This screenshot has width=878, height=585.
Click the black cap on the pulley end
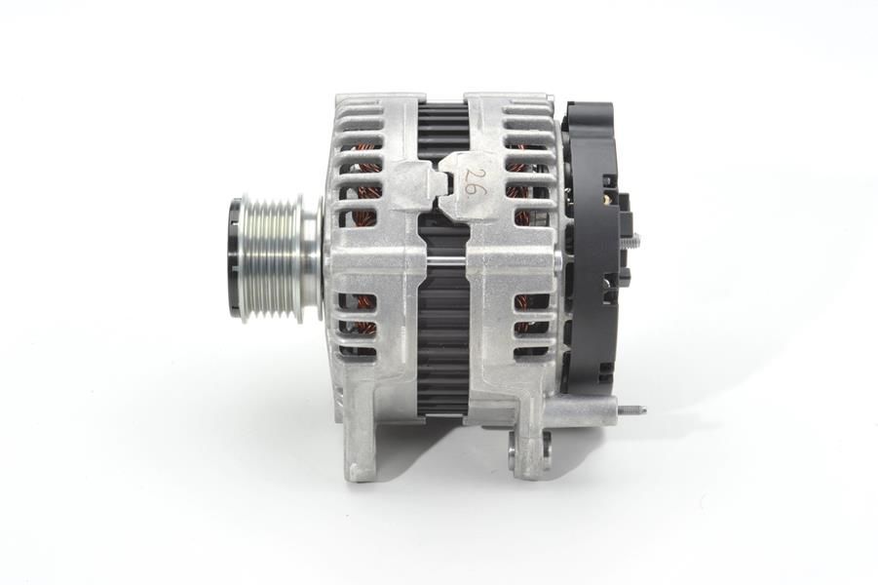pyautogui.click(x=235, y=257)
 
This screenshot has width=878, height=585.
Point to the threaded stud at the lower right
pyautogui.click(x=630, y=410)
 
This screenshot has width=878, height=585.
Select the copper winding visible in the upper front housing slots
pyautogui.click(x=366, y=185)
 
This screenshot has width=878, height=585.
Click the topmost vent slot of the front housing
pyautogui.click(x=362, y=107)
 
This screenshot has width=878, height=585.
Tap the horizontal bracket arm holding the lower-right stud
pyautogui.click(x=579, y=410)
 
